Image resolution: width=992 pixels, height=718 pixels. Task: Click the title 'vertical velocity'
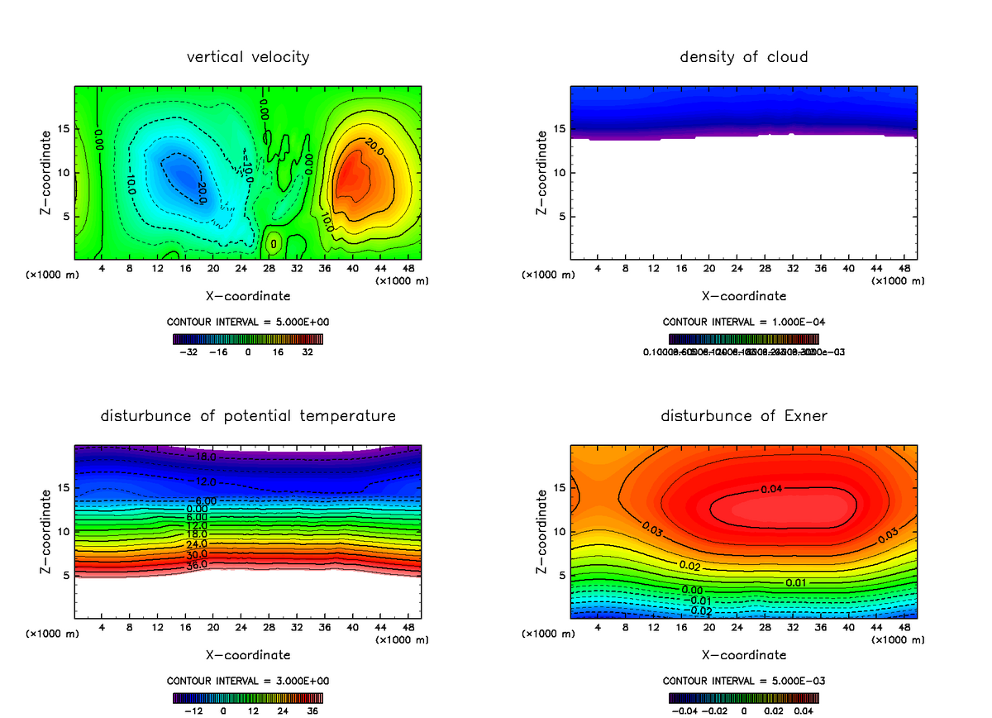coord(248,57)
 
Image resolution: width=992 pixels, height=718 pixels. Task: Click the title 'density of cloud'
coord(744,57)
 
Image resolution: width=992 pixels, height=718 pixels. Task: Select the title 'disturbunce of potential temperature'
coord(248,415)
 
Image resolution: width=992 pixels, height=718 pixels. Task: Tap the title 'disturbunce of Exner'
coord(744,415)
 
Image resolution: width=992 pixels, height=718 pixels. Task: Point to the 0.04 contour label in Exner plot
coord(771,489)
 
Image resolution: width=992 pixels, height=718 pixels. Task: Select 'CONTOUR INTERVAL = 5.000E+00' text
coord(247,322)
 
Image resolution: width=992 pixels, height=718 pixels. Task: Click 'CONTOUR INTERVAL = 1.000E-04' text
coord(743,322)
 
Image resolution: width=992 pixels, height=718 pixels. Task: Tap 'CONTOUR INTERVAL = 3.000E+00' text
coord(247,681)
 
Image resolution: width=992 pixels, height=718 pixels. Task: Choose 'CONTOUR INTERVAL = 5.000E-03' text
coord(743,681)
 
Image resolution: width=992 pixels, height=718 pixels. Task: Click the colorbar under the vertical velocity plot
coord(248,338)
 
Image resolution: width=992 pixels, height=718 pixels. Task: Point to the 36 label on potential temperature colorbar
coord(312,711)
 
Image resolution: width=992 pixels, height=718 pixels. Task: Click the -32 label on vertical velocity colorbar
coord(192,352)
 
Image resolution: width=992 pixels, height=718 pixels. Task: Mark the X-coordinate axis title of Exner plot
coord(744,655)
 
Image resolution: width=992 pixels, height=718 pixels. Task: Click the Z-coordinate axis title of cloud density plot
coord(542,173)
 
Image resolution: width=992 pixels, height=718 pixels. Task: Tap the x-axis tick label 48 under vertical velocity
coord(408,268)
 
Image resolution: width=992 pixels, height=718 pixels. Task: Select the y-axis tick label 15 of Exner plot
coord(559,488)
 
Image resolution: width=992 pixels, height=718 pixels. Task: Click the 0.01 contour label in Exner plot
coord(796,582)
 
